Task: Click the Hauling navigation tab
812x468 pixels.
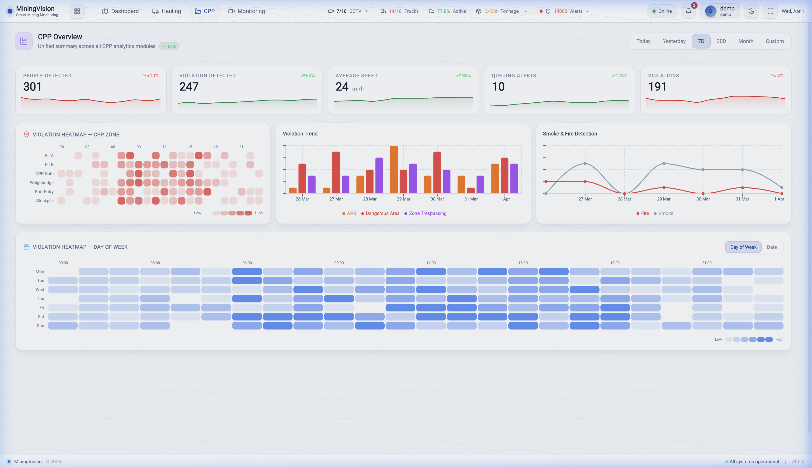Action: [x=167, y=11]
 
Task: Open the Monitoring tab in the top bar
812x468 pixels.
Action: [x=247, y=11]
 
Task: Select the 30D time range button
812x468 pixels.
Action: [x=721, y=41]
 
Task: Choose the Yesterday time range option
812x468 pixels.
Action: [x=674, y=41]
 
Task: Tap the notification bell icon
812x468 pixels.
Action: [x=688, y=11]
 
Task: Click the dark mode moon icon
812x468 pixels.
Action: [x=751, y=11]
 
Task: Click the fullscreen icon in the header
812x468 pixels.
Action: [x=770, y=11]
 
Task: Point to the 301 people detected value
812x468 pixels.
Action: [x=33, y=87]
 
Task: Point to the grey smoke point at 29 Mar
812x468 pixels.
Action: [x=664, y=164]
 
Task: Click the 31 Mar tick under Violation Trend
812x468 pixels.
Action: [x=471, y=199]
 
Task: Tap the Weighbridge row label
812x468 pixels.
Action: [x=42, y=183]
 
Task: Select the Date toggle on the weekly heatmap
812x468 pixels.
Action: [x=772, y=247]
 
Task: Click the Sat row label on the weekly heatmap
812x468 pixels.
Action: [x=41, y=317]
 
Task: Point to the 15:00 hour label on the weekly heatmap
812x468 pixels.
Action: [x=523, y=263]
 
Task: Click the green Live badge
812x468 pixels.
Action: [x=169, y=46]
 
